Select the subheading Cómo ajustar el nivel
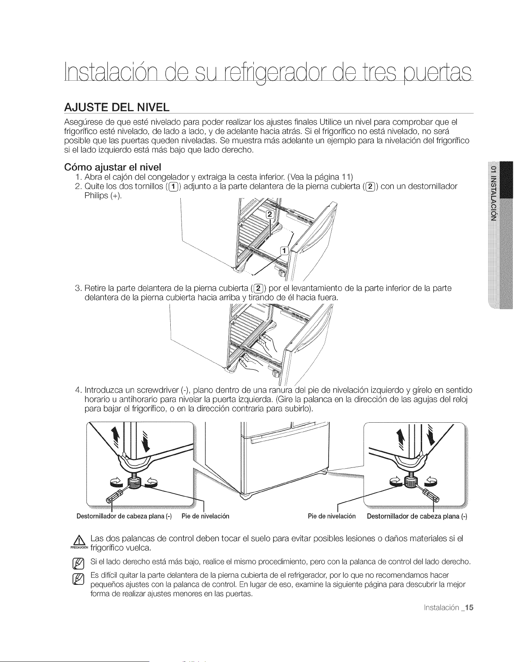coord(112,167)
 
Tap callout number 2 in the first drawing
coord(270,215)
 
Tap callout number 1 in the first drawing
coord(285,251)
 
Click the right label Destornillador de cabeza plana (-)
coord(417,516)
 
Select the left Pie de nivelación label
coord(205,516)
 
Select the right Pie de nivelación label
coord(332,516)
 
